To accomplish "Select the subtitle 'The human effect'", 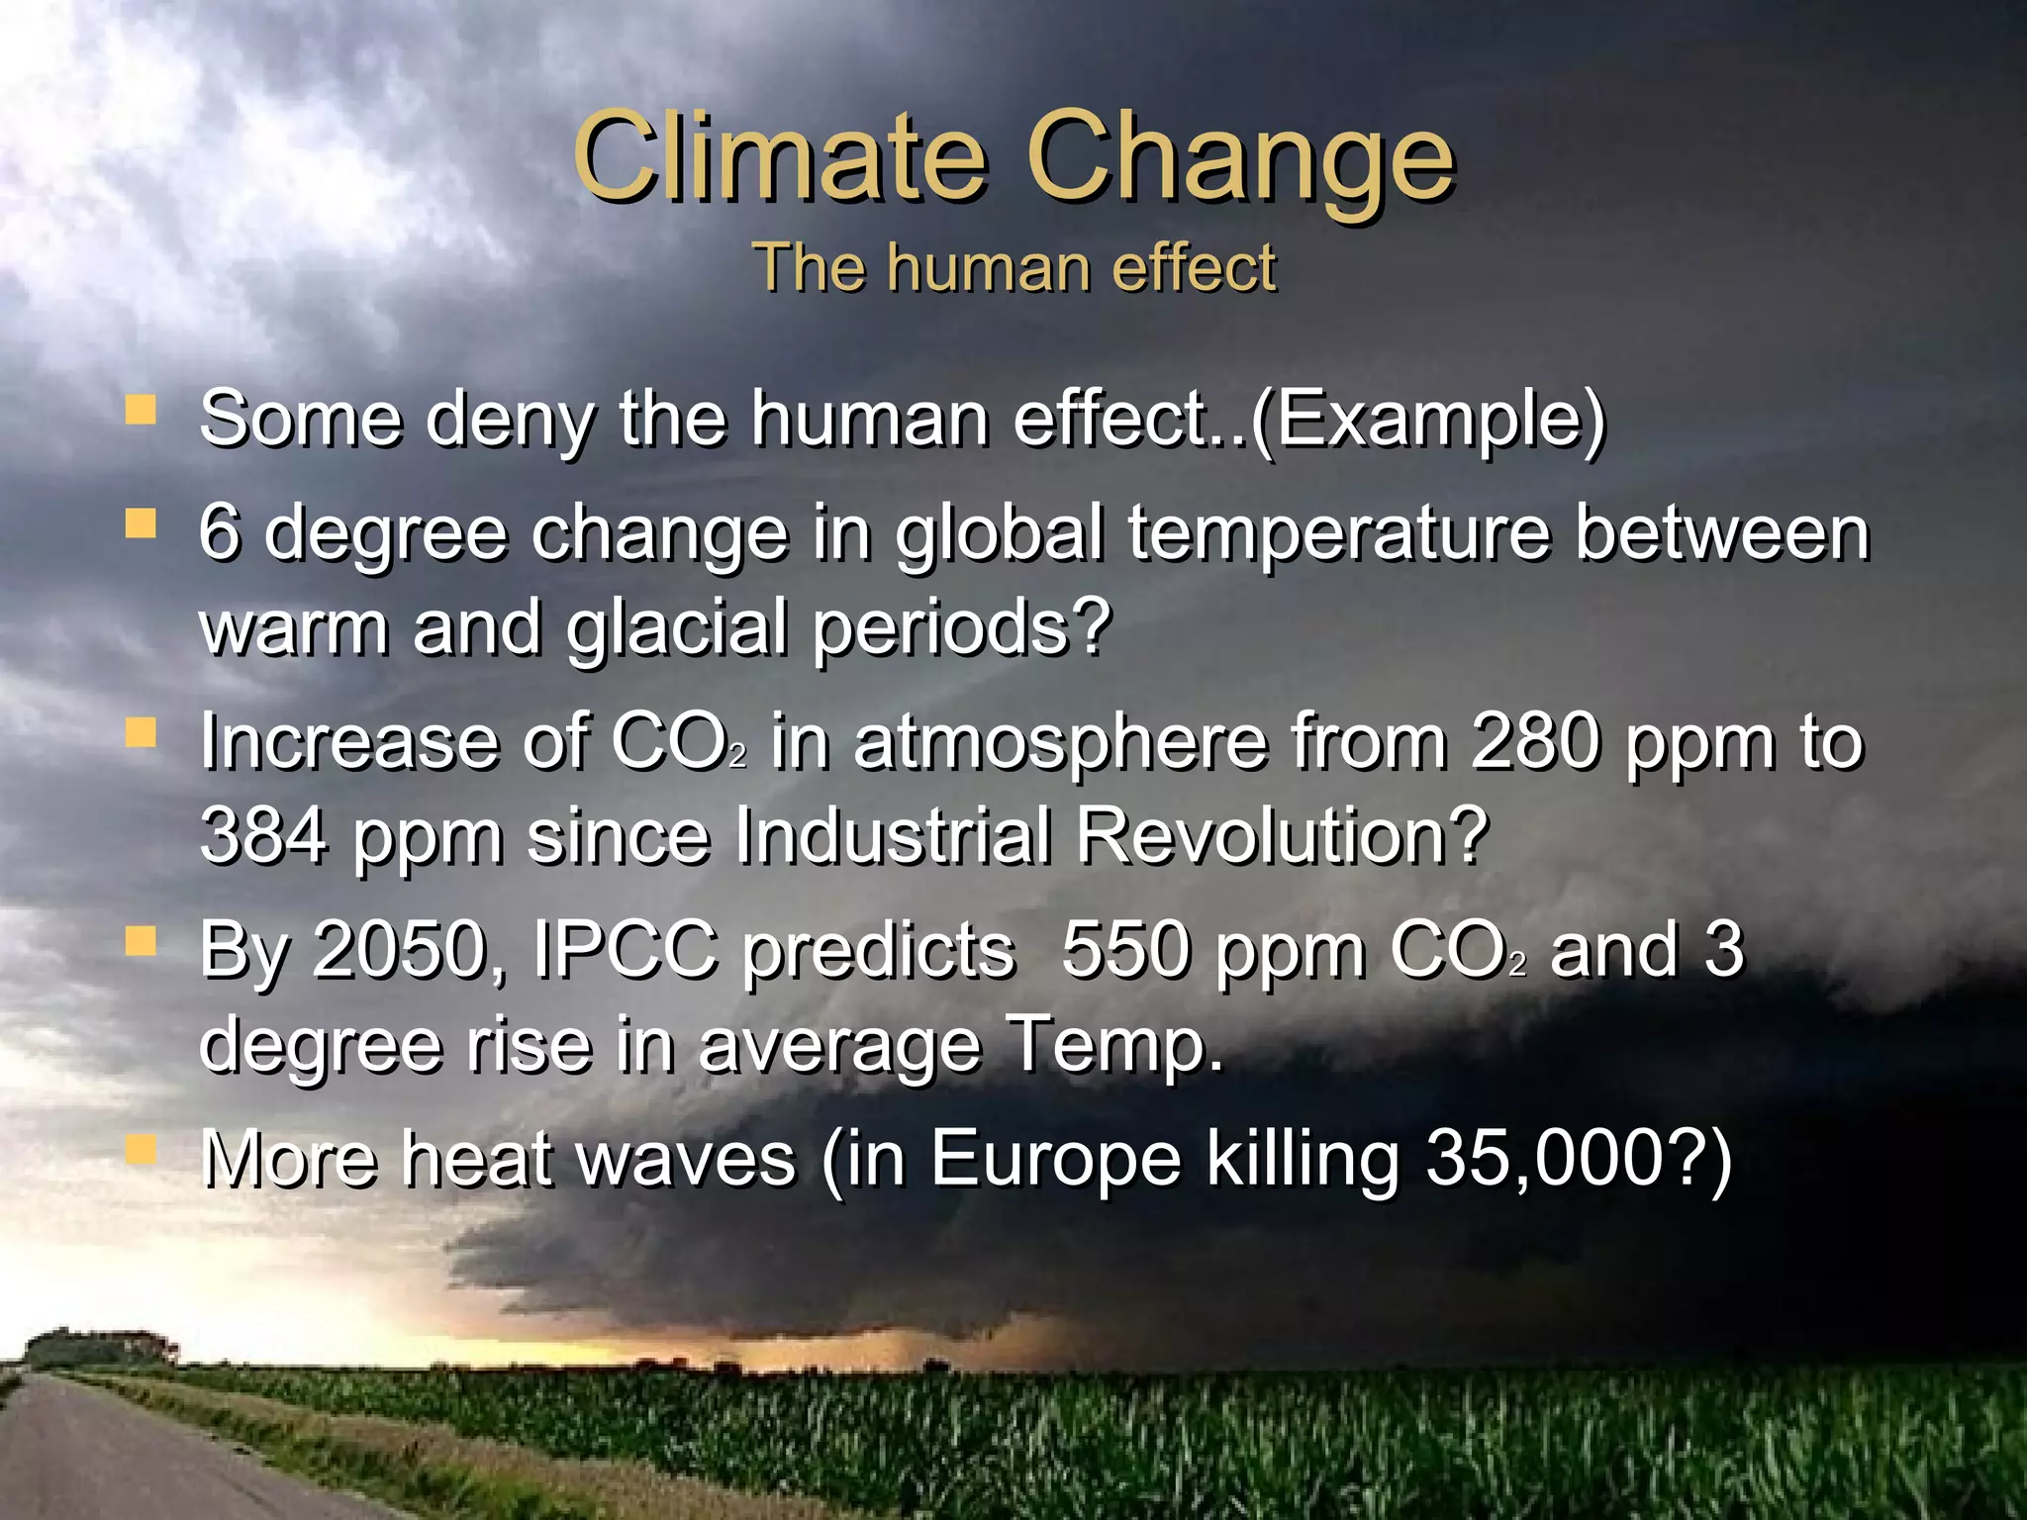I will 1013,268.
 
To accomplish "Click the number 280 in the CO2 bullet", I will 1533,742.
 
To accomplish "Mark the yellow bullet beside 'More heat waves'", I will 141,1149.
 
